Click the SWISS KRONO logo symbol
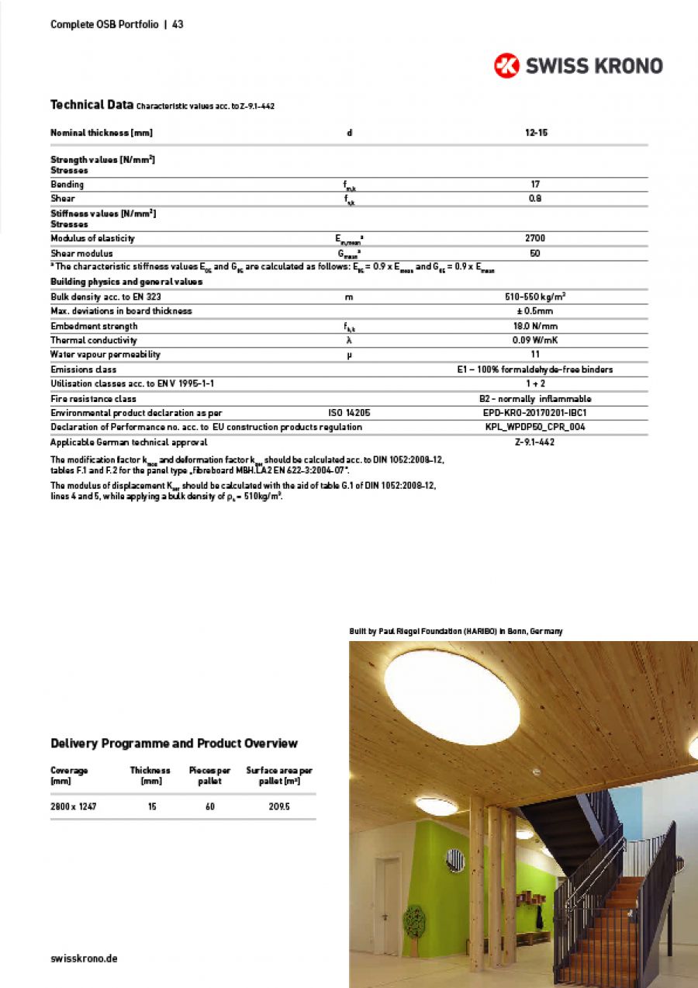pyautogui.click(x=506, y=66)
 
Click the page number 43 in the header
pyautogui.click(x=178, y=24)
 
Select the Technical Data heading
pyautogui.click(x=88, y=105)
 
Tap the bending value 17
pyautogui.click(x=535, y=185)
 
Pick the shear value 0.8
pyautogui.click(x=535, y=199)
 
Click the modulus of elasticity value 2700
pyautogui.click(x=535, y=238)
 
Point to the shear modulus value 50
pyautogui.click(x=535, y=254)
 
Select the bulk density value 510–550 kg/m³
pyautogui.click(x=535, y=296)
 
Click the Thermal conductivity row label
pyautogui.click(x=94, y=340)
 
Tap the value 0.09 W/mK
pyautogui.click(x=535, y=340)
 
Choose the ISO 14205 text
pyautogui.click(x=349, y=413)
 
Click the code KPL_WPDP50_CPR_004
pyautogui.click(x=535, y=427)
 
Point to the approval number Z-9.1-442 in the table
pyautogui.click(x=535, y=442)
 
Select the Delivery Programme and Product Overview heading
pyautogui.click(x=174, y=744)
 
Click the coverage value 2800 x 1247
pyautogui.click(x=74, y=807)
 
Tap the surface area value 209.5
pyautogui.click(x=279, y=807)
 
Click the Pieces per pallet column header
pyautogui.click(x=210, y=775)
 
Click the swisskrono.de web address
pyautogui.click(x=84, y=959)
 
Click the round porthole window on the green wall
pyautogui.click(x=455, y=859)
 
